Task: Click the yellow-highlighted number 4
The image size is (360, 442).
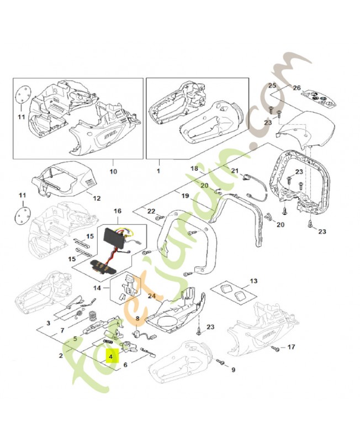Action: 111,356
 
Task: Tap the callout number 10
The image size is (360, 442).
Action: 113,171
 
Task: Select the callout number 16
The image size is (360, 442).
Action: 118,211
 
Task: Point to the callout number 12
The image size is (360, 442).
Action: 97,198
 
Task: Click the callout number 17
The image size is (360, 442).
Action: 292,346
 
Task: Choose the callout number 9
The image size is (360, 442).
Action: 233,370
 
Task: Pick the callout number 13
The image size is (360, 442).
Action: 253,281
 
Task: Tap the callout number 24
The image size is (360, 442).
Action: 152,296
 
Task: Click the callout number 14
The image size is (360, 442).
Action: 97,288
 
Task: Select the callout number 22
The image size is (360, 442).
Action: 151,211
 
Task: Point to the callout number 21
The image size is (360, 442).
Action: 235,171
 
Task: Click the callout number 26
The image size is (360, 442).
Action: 297,88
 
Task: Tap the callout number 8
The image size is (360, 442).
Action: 137,319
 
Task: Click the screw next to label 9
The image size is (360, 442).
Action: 221,362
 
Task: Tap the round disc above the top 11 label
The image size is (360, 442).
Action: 22,95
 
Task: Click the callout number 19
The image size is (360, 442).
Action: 185,196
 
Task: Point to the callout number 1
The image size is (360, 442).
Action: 158,171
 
